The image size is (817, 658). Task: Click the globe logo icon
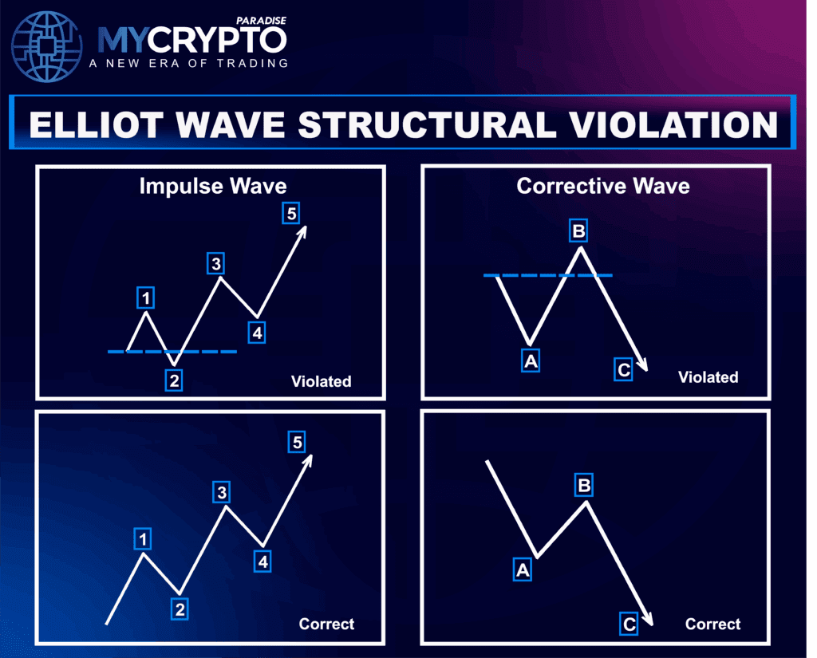click(47, 47)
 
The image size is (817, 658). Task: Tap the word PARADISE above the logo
click(261, 21)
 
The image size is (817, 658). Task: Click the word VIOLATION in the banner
click(673, 125)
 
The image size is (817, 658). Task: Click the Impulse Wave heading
click(213, 186)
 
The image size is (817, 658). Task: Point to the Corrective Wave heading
click(603, 186)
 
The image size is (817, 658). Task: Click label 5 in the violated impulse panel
click(291, 213)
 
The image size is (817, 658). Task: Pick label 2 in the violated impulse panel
click(174, 380)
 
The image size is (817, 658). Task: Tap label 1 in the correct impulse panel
click(143, 538)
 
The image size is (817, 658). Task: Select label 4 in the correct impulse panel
click(262, 561)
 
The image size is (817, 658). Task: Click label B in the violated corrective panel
click(578, 230)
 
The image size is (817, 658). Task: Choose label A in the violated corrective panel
click(531, 361)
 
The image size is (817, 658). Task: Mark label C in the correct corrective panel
click(629, 624)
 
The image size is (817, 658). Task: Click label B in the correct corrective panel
click(584, 485)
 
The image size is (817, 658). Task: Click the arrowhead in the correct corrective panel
click(648, 619)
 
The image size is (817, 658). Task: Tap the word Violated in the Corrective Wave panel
click(708, 376)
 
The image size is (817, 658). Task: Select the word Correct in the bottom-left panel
click(326, 624)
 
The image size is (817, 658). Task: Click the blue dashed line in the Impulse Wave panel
click(172, 352)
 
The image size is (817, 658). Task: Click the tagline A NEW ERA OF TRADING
click(188, 64)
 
